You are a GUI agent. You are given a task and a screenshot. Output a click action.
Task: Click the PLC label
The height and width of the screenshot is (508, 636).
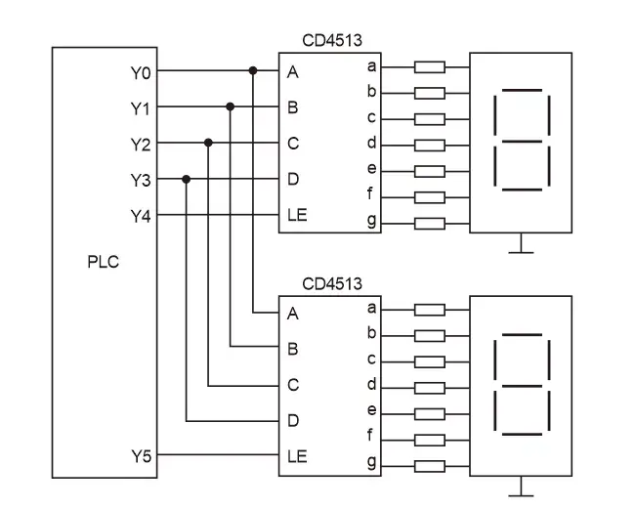click(102, 262)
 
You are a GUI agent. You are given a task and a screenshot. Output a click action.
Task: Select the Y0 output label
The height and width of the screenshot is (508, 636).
click(141, 71)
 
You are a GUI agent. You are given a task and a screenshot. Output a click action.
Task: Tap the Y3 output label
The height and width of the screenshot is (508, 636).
click(141, 180)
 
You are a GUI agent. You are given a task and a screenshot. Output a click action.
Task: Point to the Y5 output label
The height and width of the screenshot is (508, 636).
click(141, 455)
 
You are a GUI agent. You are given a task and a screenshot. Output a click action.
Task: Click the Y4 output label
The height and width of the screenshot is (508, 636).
click(141, 216)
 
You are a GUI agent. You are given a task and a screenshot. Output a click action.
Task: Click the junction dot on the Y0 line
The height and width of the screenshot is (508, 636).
click(253, 70)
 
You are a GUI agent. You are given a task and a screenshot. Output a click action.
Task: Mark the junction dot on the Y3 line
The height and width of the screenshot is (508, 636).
click(186, 180)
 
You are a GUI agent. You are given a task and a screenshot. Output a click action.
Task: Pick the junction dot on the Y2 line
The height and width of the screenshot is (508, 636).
click(208, 143)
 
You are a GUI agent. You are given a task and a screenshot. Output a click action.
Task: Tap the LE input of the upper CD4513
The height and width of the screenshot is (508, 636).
click(296, 215)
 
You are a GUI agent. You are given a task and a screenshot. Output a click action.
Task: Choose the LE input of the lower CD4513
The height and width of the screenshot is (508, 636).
click(296, 455)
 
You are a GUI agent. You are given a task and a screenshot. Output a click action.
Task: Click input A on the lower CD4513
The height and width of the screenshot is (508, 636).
click(292, 314)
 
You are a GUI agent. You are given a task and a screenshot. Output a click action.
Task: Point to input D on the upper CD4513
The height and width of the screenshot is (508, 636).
click(292, 180)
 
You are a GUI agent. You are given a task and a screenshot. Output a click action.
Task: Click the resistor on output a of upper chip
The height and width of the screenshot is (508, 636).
click(430, 67)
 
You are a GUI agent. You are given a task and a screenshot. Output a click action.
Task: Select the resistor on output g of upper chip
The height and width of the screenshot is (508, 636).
click(430, 223)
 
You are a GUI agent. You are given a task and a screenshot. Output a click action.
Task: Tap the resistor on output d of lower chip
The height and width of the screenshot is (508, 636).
click(430, 388)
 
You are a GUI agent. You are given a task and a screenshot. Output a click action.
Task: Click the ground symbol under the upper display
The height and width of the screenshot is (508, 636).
click(521, 247)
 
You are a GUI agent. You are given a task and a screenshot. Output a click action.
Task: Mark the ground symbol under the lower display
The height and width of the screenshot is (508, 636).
click(521, 489)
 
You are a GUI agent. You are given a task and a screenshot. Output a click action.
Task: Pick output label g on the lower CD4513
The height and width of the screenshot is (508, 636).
click(371, 461)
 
